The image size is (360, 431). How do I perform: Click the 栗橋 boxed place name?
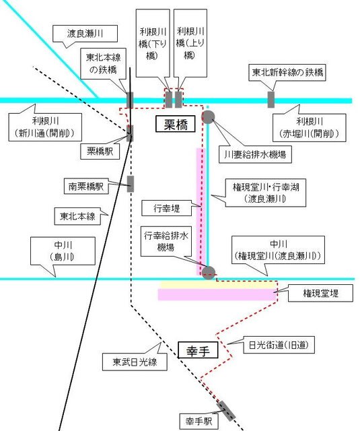pyautogui.click(x=176, y=124)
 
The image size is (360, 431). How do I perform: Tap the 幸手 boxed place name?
pyautogui.click(x=198, y=350)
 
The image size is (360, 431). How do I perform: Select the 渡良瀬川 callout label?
pyautogui.click(x=85, y=34)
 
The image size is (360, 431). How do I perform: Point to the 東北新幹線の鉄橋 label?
pyautogui.click(x=287, y=73)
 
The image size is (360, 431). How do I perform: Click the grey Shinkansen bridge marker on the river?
pyautogui.click(x=271, y=100)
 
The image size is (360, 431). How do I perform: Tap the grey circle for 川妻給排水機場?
pyautogui.click(x=208, y=117)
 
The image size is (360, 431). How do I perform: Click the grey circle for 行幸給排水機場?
pyautogui.click(x=209, y=273)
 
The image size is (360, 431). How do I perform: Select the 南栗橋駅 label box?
pyautogui.click(x=86, y=187)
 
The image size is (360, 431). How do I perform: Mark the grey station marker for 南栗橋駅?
pyautogui.click(x=131, y=184)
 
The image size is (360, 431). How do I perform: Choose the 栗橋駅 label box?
pyautogui.click(x=100, y=151)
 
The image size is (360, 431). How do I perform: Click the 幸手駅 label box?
pyautogui.click(x=199, y=421)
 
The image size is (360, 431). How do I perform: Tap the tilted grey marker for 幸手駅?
pyautogui.click(x=225, y=411)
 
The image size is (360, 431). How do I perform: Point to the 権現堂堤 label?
pyautogui.click(x=320, y=294)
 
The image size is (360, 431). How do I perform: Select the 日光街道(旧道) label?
pyautogui.click(x=279, y=345)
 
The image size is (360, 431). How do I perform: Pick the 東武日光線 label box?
pyautogui.click(x=135, y=362)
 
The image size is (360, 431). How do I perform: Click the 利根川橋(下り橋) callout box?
pyautogui.click(x=153, y=43)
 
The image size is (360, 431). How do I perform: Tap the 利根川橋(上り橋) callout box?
pyautogui.click(x=190, y=43)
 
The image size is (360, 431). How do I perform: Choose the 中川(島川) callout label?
pyautogui.click(x=63, y=251)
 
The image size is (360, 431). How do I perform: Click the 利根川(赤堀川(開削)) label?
pyautogui.click(x=310, y=128)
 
